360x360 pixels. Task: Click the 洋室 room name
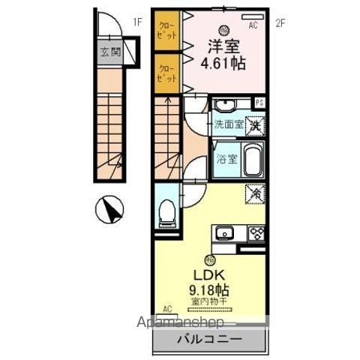coord(221,44)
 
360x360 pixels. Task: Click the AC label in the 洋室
coord(253,25)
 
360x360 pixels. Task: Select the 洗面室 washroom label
coord(228,125)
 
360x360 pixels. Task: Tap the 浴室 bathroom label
coord(227,159)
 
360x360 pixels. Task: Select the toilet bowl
coord(167,214)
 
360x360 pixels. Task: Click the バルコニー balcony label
coord(208,338)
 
